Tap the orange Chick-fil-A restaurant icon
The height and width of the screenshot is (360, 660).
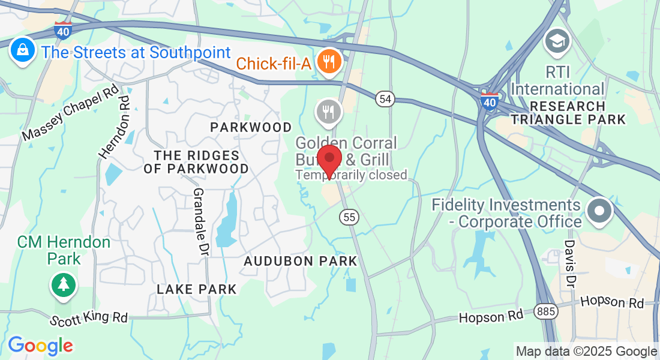click(328, 61)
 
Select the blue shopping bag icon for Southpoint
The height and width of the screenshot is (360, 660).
click(22, 51)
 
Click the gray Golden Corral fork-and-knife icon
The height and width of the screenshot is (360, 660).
click(328, 112)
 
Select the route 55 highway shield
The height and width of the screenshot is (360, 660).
click(349, 217)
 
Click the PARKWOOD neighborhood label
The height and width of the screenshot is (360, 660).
click(251, 127)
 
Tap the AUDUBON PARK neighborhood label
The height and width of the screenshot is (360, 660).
click(300, 261)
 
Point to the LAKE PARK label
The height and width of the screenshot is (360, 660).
click(197, 289)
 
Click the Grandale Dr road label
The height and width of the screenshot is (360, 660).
click(199, 221)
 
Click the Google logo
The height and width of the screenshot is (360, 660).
click(40, 346)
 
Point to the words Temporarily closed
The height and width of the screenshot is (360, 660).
click(351, 175)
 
